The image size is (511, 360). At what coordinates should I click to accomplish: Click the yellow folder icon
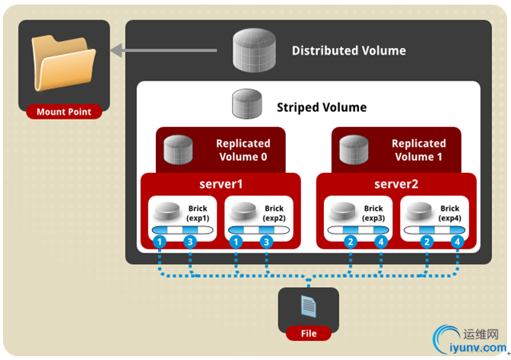(x=63, y=64)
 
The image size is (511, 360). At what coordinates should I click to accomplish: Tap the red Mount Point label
(x=63, y=112)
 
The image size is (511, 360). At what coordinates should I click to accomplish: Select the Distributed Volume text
(x=348, y=51)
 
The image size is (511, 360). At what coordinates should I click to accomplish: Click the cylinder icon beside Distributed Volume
(x=256, y=50)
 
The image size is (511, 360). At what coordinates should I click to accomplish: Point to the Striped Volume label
(x=322, y=107)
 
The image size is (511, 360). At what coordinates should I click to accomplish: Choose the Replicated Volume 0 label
(x=243, y=150)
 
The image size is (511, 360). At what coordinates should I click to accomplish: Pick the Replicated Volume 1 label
(x=418, y=150)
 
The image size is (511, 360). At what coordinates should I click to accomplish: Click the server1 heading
(x=221, y=184)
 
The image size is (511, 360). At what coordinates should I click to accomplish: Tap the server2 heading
(x=397, y=184)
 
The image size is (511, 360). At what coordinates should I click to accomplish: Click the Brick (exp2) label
(x=274, y=213)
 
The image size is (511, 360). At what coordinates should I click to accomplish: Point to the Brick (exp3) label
(x=373, y=213)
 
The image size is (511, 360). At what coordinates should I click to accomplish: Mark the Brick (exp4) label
(x=449, y=213)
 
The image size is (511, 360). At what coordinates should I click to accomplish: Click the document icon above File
(x=308, y=307)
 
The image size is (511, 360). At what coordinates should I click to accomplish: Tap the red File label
(x=308, y=333)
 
